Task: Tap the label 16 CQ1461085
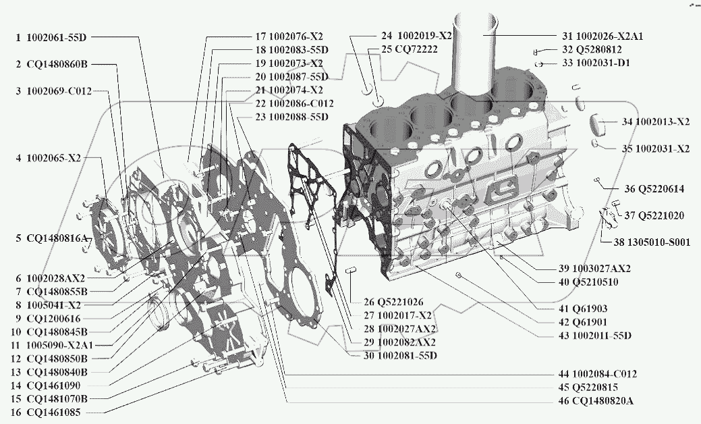click(x=54, y=412)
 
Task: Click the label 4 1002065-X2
click(x=48, y=158)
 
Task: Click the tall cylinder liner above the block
click(x=481, y=54)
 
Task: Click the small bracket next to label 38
click(x=607, y=218)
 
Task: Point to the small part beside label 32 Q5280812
click(x=536, y=51)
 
